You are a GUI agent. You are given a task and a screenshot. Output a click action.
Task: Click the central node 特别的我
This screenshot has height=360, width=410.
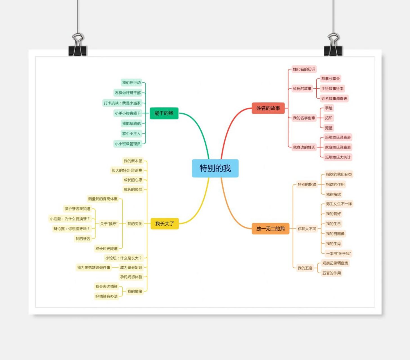215,168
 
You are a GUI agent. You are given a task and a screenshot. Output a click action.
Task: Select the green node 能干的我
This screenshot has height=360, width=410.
164,113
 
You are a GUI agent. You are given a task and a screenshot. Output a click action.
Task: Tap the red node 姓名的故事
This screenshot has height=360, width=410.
268,108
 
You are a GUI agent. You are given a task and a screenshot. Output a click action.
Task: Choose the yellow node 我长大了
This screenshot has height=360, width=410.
165,224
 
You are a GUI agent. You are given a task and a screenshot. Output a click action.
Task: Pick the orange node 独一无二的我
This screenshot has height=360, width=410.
270,229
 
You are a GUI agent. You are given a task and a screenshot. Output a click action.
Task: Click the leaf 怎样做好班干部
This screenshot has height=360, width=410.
128,93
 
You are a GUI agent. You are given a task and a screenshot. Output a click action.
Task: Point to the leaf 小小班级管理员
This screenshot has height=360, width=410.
128,144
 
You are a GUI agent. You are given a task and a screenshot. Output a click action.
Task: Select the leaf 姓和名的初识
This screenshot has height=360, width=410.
304,69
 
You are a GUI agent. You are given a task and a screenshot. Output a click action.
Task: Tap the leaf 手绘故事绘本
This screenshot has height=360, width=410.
332,89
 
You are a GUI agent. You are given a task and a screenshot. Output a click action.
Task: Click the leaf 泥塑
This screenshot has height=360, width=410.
329,128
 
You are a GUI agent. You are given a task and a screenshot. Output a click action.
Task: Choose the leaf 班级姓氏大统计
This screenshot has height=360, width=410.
338,157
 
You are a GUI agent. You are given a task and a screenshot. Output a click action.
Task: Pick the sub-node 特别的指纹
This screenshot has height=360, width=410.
307,184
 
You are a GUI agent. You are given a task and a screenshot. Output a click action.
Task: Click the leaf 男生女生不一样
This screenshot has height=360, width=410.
339,204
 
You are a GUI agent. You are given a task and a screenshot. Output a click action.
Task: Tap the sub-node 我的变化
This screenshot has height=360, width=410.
135,224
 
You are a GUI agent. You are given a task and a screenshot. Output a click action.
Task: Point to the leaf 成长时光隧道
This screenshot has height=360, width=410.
107,249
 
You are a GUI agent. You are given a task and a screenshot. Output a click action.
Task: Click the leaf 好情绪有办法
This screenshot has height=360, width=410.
106,296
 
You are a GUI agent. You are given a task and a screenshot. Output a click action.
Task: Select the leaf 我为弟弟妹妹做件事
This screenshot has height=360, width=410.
94,267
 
